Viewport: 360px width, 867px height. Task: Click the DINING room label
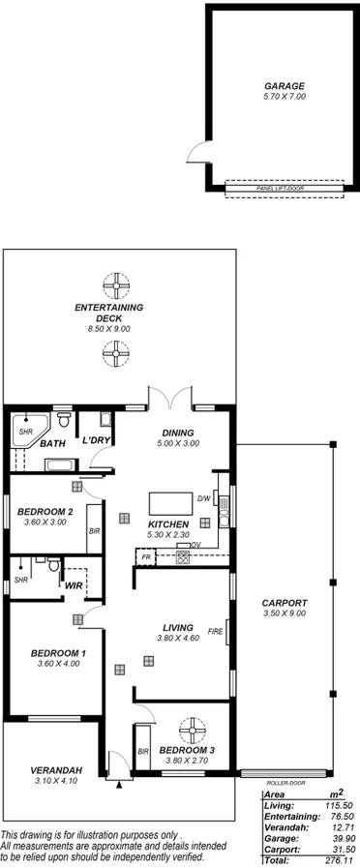[178, 433]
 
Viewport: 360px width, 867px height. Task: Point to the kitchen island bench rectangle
[169, 504]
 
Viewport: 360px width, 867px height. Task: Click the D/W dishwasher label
[204, 498]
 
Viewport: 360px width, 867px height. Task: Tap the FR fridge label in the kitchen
[146, 558]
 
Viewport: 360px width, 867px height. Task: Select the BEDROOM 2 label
[45, 512]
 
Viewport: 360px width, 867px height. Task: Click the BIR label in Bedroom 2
[94, 530]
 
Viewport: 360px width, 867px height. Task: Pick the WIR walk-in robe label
[73, 584]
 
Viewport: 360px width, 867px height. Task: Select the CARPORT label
[285, 603]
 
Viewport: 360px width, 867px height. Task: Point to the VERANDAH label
[42, 770]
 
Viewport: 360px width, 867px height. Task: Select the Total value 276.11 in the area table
[335, 858]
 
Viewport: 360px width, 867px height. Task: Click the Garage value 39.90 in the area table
[335, 837]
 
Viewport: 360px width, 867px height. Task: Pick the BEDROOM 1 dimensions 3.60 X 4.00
[57, 663]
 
